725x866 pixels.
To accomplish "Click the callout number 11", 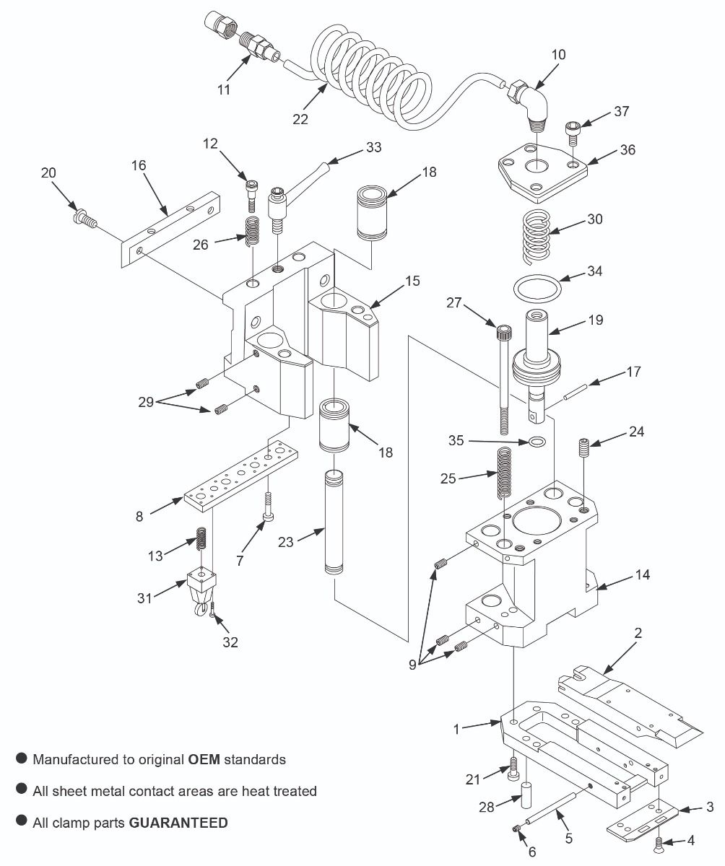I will pyautogui.click(x=224, y=89).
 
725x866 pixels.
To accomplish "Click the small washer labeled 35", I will pyautogui.click(x=535, y=441).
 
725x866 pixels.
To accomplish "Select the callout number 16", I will pyautogui.click(x=139, y=165).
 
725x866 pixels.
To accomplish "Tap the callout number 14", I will pyautogui.click(x=642, y=574).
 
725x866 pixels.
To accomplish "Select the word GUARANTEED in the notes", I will pyautogui.click(x=178, y=822).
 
